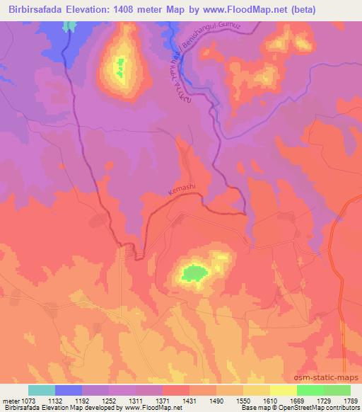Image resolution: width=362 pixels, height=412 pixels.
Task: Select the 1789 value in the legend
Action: tap(349, 400)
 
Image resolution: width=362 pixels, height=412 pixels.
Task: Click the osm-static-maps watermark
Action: tap(332, 379)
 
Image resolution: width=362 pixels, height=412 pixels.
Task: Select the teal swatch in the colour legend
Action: tap(41, 390)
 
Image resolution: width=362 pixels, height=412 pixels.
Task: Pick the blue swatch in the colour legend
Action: tap(68, 390)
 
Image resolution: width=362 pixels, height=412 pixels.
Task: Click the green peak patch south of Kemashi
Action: tap(193, 271)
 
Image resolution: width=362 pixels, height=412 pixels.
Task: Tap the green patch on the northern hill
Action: tap(120, 68)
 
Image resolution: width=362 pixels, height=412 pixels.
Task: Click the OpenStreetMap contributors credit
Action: tap(311, 408)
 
